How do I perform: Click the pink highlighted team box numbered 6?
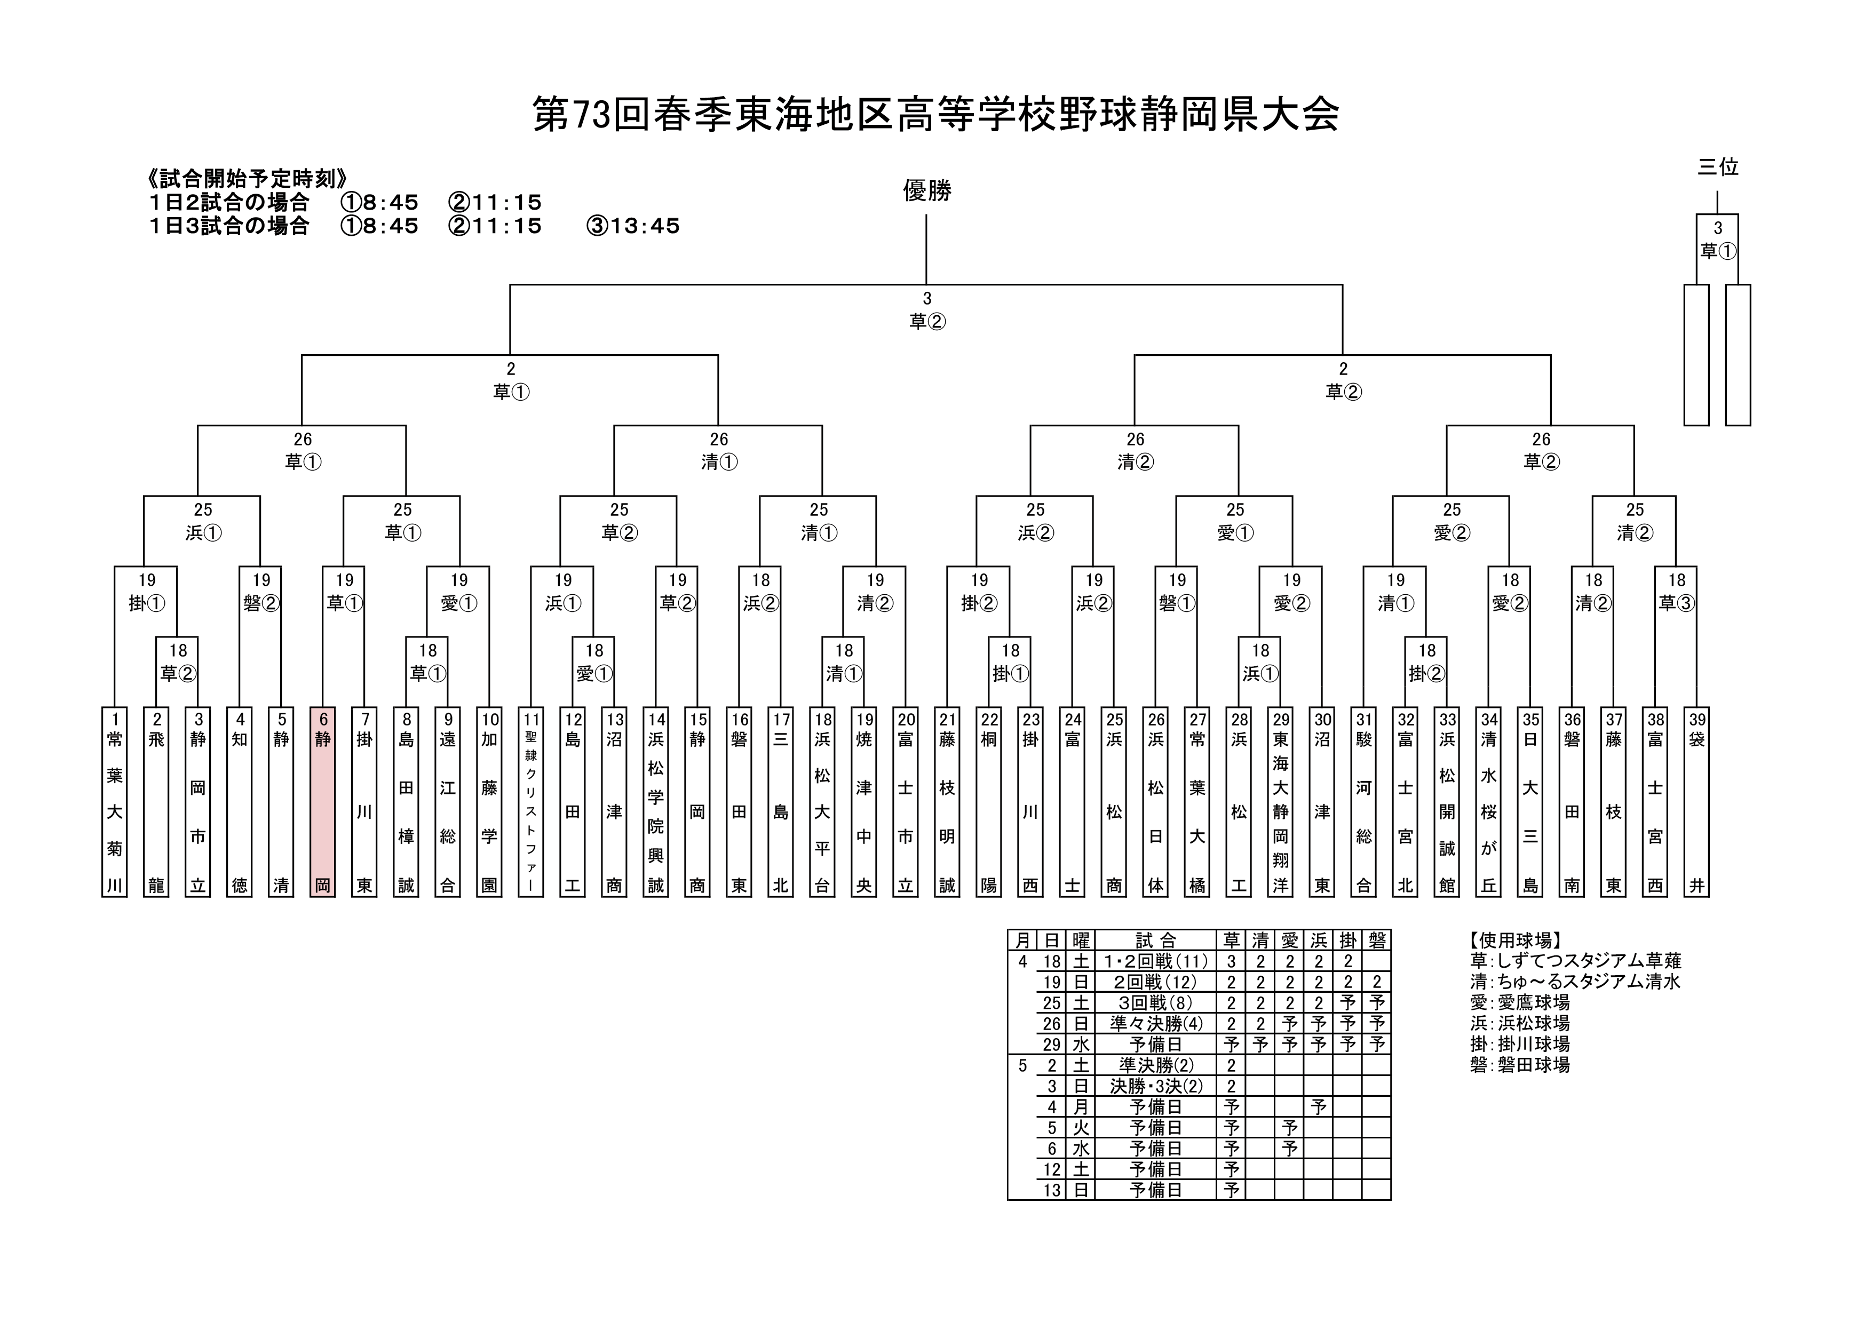coord(323,802)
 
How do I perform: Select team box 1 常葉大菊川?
coord(115,802)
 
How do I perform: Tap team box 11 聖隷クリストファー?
coord(531,802)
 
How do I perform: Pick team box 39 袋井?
coord(1697,802)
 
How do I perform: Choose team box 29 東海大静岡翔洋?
coord(1281,802)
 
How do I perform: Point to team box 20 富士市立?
coord(906,802)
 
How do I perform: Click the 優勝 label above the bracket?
coord(927,191)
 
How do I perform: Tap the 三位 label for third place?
coord(1718,167)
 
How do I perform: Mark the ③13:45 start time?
coord(633,226)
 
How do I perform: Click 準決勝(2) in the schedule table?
coord(1156,1065)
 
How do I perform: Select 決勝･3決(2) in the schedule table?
coord(1156,1086)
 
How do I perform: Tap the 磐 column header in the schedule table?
coord(1377,941)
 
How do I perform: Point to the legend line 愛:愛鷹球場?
coord(1520,1002)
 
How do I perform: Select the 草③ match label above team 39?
coord(1676,603)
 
